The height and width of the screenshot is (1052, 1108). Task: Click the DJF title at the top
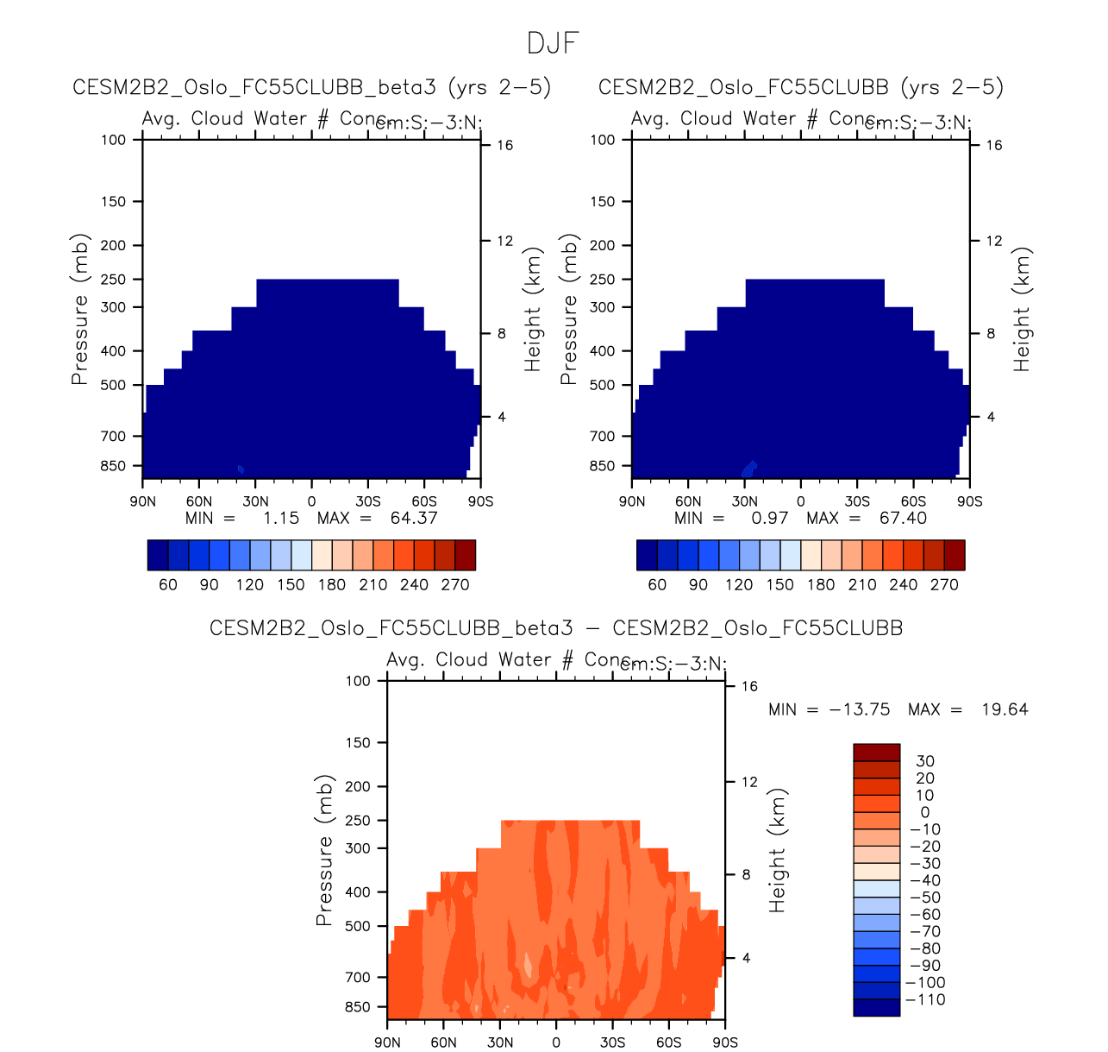[553, 43]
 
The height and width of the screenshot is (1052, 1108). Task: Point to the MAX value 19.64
[1005, 709]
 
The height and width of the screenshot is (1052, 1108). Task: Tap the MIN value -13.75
[859, 709]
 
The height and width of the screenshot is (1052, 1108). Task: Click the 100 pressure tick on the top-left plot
[114, 140]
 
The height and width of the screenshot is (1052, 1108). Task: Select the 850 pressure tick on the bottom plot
[357, 1007]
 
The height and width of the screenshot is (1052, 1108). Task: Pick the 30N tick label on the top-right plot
[745, 501]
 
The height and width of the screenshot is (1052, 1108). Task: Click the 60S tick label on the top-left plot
[424, 501]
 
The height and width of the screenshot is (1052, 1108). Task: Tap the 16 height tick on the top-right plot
[994, 145]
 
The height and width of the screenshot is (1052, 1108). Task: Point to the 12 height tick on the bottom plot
[749, 782]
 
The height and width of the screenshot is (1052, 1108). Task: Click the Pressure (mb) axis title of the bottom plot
[324, 850]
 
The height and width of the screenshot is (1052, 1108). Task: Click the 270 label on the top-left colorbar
[455, 585]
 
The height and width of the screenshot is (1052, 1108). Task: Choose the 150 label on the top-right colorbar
[780, 585]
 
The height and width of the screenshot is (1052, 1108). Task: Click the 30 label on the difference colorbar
[925, 761]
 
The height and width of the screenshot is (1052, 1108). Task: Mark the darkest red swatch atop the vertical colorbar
[876, 752]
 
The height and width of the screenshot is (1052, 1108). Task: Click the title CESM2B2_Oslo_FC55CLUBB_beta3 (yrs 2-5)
[312, 87]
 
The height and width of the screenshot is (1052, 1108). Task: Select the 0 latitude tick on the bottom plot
[556, 1043]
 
